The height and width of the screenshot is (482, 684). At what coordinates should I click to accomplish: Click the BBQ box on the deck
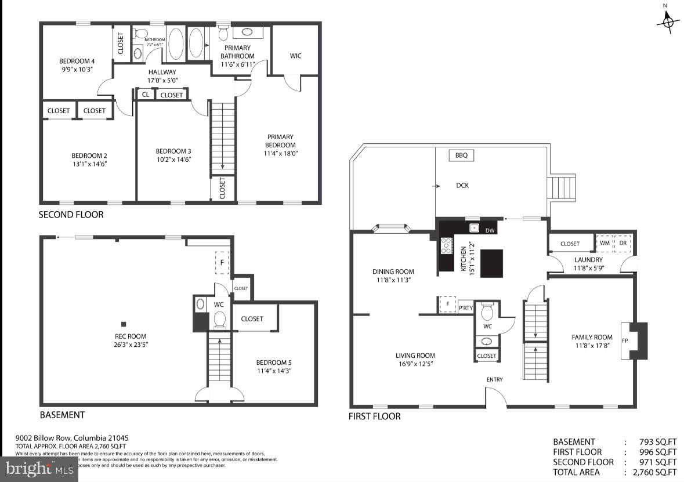[x=461, y=155]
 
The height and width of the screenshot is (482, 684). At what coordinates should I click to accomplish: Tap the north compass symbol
[x=667, y=21]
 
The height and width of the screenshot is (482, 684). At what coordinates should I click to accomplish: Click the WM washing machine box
[x=605, y=244]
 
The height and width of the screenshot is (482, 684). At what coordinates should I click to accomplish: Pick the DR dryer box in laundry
[x=623, y=244]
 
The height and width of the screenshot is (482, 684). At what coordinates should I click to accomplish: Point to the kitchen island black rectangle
[x=492, y=263]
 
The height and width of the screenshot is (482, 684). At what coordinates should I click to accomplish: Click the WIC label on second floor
[x=296, y=56]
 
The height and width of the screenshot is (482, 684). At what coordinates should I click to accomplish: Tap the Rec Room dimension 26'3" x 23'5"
[x=130, y=344]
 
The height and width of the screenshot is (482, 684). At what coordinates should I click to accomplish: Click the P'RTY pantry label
[x=466, y=308]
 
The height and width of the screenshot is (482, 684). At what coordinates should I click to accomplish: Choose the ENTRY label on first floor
[x=495, y=380]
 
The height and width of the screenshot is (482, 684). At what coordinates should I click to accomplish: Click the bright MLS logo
[x=39, y=468]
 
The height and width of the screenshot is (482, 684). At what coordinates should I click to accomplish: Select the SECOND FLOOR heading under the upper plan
[x=71, y=215]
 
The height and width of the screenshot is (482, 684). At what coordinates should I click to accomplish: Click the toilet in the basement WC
[x=220, y=319]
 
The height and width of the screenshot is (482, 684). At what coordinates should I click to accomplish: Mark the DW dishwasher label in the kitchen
[x=490, y=231]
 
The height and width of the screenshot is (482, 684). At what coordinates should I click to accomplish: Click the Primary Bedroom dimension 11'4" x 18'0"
[x=280, y=153]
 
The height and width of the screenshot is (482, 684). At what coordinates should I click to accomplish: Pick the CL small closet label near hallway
[x=146, y=95]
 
